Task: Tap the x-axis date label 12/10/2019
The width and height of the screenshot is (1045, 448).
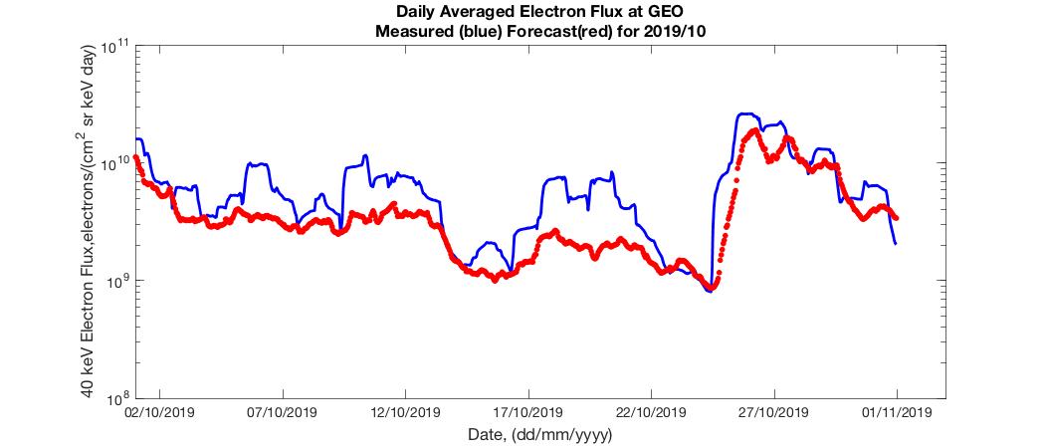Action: pyautogui.click(x=405, y=411)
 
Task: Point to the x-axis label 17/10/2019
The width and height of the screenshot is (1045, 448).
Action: pyautogui.click(x=527, y=411)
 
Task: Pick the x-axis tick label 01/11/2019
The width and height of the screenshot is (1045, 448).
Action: pyautogui.click(x=896, y=411)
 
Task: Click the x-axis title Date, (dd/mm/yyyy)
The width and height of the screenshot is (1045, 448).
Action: pyautogui.click(x=539, y=435)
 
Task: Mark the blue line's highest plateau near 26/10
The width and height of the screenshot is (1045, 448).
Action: pyautogui.click(x=747, y=114)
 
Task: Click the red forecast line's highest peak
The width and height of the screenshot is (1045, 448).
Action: pyautogui.click(x=755, y=130)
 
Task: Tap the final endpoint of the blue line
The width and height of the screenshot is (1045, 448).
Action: pyautogui.click(x=896, y=244)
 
